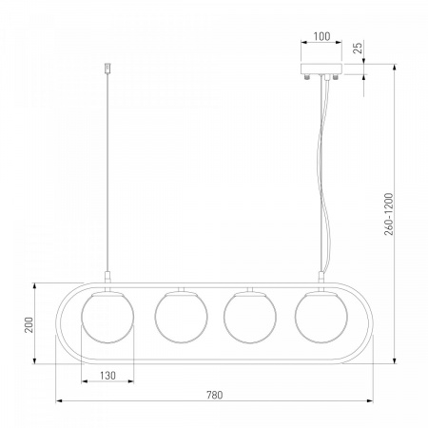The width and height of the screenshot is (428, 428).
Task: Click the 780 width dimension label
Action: (x=215, y=395)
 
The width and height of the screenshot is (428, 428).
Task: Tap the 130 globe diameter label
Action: (x=107, y=376)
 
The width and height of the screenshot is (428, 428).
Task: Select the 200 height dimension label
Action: (x=29, y=325)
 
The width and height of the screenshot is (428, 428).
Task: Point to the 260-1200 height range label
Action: (x=389, y=214)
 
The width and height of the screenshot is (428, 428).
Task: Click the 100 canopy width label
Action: (x=321, y=36)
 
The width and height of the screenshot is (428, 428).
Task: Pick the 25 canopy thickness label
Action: (x=358, y=48)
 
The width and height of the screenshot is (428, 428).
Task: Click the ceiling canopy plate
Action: (x=321, y=68)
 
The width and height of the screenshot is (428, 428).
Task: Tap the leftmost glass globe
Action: (x=107, y=317)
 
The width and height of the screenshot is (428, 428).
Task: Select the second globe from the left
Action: (x=182, y=317)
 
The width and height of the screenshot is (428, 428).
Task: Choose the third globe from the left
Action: (x=250, y=317)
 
